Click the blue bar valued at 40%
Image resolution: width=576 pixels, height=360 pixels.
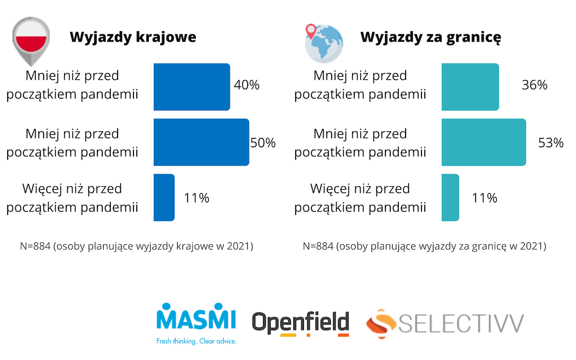pyautogui.click(x=192, y=87)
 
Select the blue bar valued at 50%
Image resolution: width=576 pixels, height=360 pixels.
pyautogui.click(x=201, y=142)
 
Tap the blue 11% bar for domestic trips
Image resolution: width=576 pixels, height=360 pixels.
pyautogui.click(x=164, y=197)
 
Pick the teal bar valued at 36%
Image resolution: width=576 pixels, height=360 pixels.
pyautogui.click(x=470, y=87)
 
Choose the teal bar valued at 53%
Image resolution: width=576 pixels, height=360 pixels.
pyautogui.click(x=483, y=142)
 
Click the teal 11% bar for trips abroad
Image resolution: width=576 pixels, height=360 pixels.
pyautogui.click(x=450, y=197)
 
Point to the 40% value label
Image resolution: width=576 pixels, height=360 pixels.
pyautogui.click(x=247, y=85)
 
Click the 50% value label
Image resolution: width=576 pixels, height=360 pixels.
pyautogui.click(x=263, y=143)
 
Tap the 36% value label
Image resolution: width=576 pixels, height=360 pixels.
pyautogui.click(x=535, y=85)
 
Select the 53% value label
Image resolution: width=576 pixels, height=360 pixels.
pyautogui.click(x=551, y=143)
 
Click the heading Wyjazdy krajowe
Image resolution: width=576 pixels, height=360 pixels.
pyautogui.click(x=133, y=37)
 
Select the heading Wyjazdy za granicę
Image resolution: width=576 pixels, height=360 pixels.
pyautogui.click(x=431, y=37)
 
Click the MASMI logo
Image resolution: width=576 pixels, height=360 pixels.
pyautogui.click(x=197, y=318)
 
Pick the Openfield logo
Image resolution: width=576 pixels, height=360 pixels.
pyautogui.click(x=301, y=323)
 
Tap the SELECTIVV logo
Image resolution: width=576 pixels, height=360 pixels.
pyautogui.click(x=445, y=322)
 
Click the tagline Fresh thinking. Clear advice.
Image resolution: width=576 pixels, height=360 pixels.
pyautogui.click(x=197, y=341)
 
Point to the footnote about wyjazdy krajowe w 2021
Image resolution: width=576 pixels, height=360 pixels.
pyautogui.click(x=136, y=247)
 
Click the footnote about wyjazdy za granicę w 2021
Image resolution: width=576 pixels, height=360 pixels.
pyautogui.click(x=424, y=247)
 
